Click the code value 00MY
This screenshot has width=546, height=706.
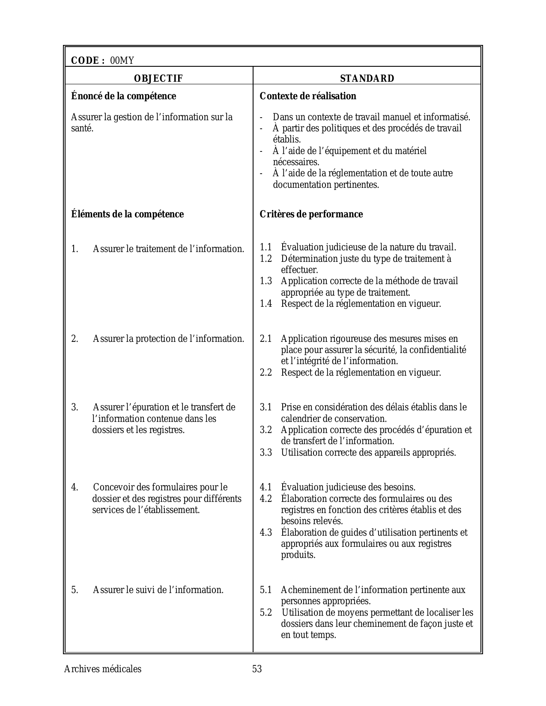(x=122, y=61)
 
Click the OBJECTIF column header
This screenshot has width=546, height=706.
(x=158, y=78)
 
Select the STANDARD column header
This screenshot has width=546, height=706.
(x=367, y=78)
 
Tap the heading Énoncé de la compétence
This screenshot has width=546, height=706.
(x=123, y=96)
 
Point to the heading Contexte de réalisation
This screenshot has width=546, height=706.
(x=308, y=96)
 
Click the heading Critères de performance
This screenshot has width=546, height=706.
(x=311, y=214)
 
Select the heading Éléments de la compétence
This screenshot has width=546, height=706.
(x=127, y=214)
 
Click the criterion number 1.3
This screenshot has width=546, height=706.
(x=266, y=281)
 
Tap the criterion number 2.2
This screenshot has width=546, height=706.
(x=266, y=373)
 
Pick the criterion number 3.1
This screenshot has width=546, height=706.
(x=266, y=407)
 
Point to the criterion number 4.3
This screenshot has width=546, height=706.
(x=266, y=533)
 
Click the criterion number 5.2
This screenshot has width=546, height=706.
(x=266, y=613)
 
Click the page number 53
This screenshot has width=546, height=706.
(x=257, y=669)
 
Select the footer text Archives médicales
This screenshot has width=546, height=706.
(x=103, y=669)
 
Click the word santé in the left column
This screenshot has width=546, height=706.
(x=82, y=128)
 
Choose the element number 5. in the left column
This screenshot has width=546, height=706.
(x=75, y=590)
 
